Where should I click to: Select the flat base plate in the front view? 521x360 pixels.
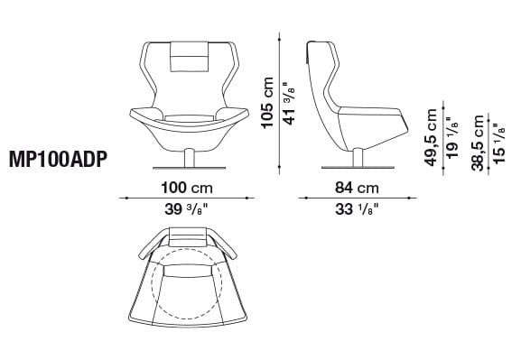point(189,168)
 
